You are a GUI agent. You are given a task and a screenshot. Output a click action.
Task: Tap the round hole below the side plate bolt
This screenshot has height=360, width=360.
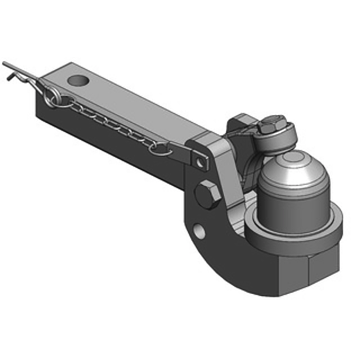(198, 230)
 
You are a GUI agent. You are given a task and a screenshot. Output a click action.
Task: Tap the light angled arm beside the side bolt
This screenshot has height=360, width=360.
(225, 175)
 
